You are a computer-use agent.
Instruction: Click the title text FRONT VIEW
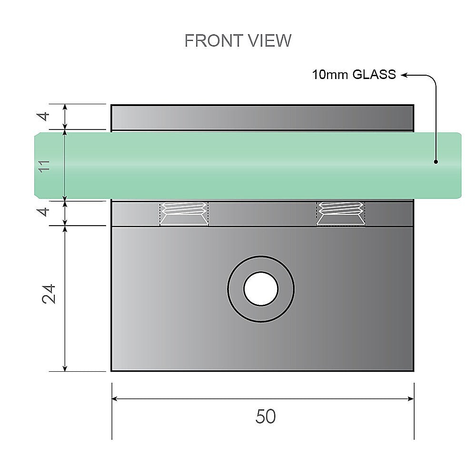tap(238, 41)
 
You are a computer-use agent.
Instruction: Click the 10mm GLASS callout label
tap(354, 75)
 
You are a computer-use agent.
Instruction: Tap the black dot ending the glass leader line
tap(436, 162)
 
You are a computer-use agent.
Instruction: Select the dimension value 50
tap(265, 417)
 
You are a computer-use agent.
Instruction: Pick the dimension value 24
tap(50, 294)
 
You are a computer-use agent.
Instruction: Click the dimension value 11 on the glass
tap(44, 166)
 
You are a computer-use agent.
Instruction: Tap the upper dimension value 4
tap(44, 116)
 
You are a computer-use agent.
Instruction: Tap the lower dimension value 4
tap(44, 212)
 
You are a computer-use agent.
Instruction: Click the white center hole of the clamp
tap(261, 289)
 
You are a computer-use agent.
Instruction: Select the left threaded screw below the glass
tap(184, 213)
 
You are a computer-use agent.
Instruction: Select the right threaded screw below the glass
tap(341, 213)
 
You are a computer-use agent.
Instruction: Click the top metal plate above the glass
tap(262, 117)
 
